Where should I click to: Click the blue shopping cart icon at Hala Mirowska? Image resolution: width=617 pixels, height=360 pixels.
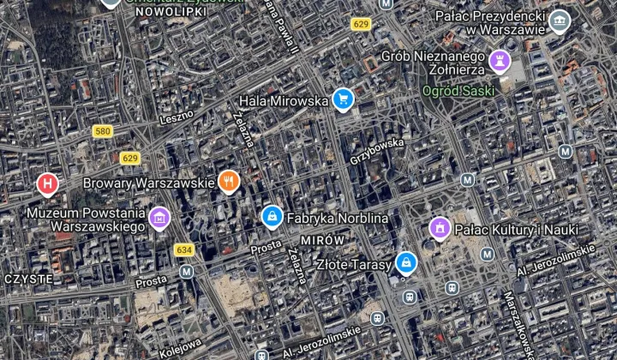tap(343, 100)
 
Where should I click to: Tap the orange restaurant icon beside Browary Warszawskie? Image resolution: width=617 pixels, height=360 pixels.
tap(227, 182)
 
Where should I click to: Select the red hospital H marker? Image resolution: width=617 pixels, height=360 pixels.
tap(48, 183)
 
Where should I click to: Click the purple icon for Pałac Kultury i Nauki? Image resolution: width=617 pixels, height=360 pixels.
tap(440, 229)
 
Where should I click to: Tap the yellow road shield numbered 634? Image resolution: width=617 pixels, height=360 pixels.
tap(183, 249)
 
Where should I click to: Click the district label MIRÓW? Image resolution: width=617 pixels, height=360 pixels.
tap(323, 240)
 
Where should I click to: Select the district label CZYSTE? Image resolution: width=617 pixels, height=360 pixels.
tap(28, 279)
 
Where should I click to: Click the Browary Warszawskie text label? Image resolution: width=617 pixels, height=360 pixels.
tap(148, 183)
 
